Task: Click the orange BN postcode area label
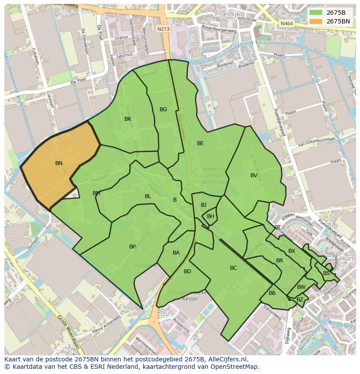[59, 163]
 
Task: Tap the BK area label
[128, 119]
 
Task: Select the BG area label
[163, 109]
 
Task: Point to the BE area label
[200, 143]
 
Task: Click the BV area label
[254, 175]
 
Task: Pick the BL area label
[148, 196]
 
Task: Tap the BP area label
[132, 247]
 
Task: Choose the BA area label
[176, 253]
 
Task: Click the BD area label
[187, 271]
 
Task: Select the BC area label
[233, 268]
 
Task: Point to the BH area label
[210, 216]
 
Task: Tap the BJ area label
[203, 205]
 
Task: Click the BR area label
[280, 261]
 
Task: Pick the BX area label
[292, 251]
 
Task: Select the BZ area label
[300, 300]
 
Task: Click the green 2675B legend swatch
[316, 12]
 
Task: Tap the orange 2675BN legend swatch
[316, 21]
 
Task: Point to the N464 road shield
[286, 23]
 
